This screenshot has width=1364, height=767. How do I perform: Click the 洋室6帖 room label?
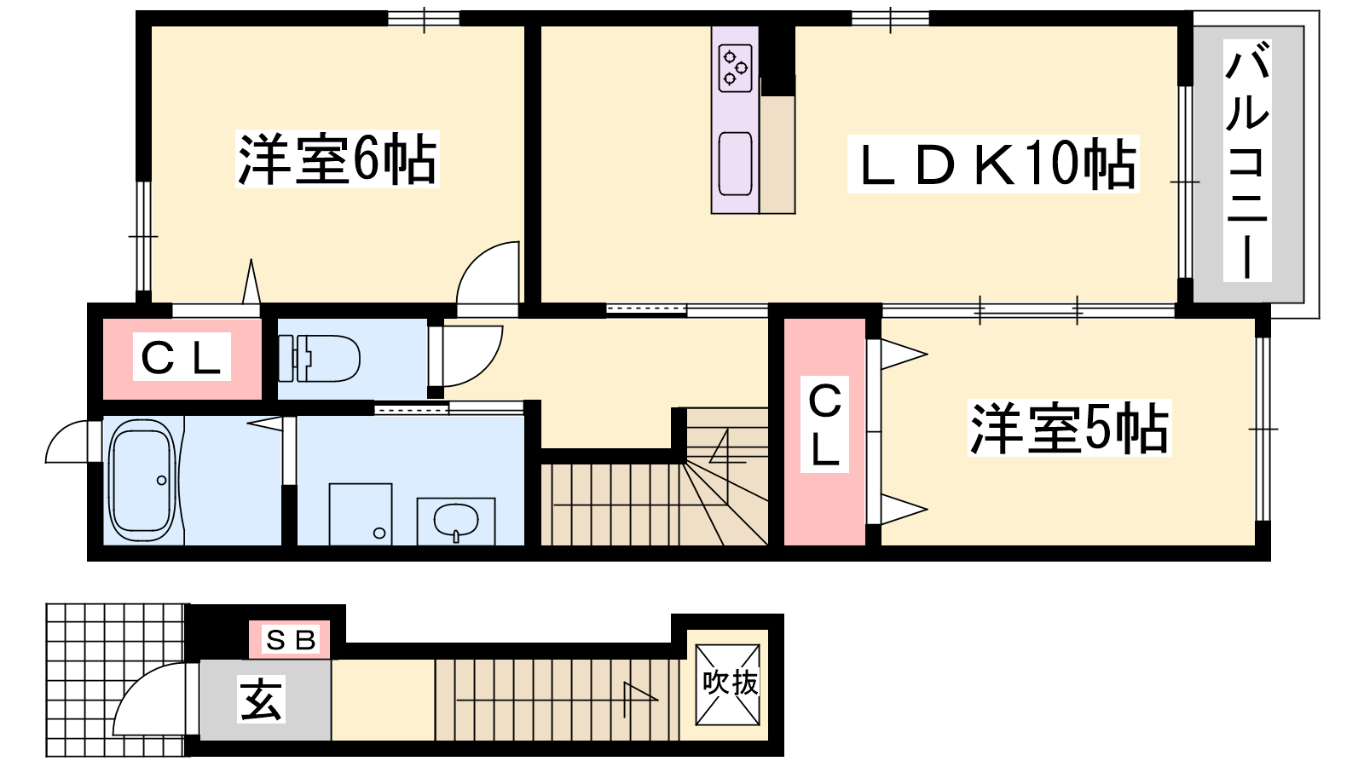(338, 159)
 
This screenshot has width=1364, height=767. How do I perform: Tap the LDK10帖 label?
(993, 164)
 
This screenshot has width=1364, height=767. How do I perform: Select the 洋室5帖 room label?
(1069, 428)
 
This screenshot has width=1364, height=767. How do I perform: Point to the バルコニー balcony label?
(1247, 160)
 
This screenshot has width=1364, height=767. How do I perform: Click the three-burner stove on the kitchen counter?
(735, 69)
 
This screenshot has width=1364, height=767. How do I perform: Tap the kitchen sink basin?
(735, 164)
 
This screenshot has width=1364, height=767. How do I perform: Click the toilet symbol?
(319, 359)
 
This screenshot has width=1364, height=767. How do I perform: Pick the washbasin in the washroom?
(456, 521)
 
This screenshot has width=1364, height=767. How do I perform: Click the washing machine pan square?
(361, 515)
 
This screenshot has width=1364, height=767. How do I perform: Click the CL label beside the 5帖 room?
(824, 426)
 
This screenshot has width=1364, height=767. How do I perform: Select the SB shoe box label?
(290, 640)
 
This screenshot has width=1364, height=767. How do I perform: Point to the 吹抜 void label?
(729, 683)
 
